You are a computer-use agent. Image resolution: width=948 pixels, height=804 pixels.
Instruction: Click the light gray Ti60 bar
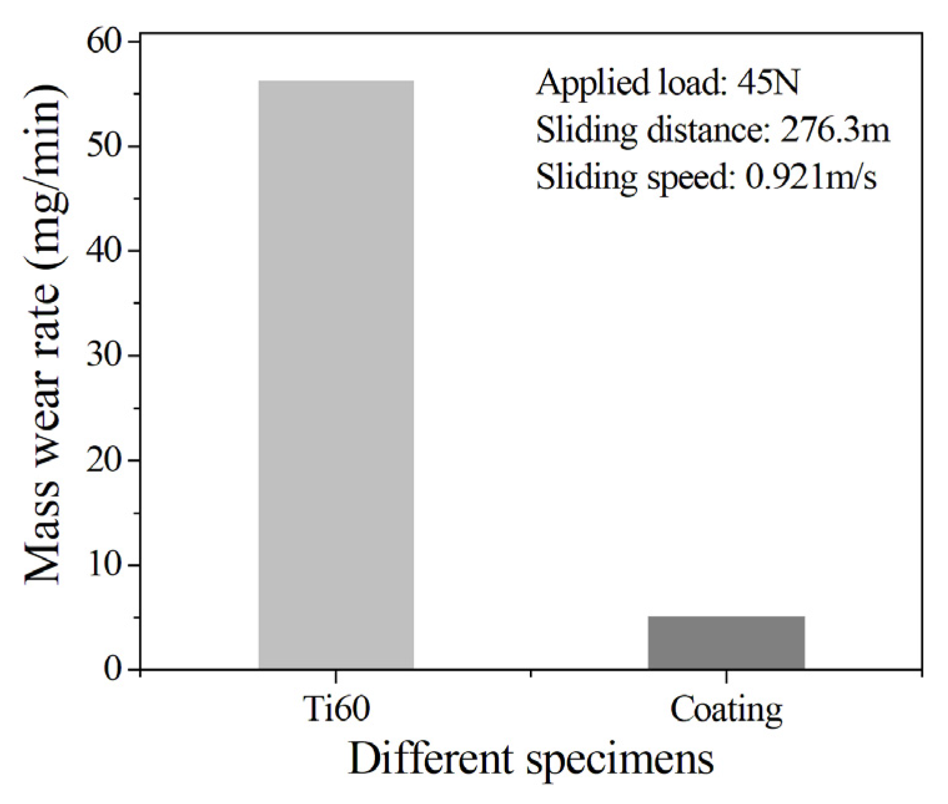click(x=336, y=375)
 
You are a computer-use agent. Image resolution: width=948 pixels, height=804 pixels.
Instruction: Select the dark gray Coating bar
click(x=726, y=642)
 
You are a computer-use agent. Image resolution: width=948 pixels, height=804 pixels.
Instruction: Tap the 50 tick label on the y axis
click(x=105, y=147)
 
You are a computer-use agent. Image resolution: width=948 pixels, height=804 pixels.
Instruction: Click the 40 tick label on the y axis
click(x=105, y=252)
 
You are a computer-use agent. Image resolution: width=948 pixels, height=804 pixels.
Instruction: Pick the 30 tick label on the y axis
click(x=105, y=356)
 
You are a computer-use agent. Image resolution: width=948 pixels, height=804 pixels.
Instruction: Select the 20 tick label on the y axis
click(x=105, y=461)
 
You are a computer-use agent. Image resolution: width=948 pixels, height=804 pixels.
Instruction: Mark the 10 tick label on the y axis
click(x=105, y=566)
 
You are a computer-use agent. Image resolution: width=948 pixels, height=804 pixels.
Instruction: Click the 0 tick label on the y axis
click(x=113, y=670)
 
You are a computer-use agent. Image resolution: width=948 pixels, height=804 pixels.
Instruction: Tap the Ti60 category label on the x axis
click(x=336, y=709)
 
